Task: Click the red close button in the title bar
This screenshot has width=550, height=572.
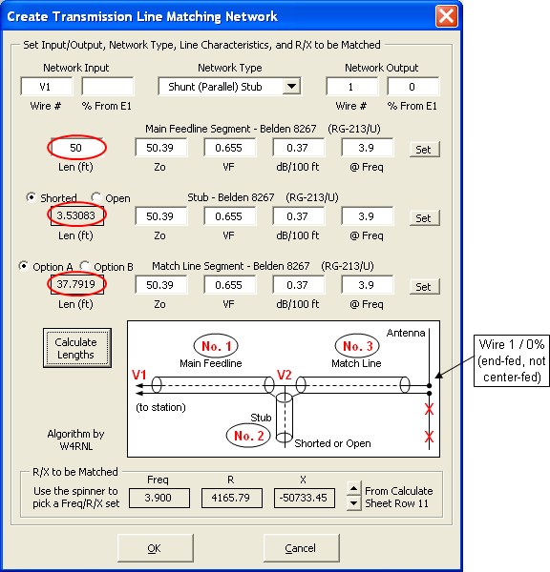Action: click(x=446, y=16)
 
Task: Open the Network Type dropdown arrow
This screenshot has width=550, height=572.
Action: click(x=291, y=87)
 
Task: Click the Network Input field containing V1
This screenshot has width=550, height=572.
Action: click(x=47, y=87)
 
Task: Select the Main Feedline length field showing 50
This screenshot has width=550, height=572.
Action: click(x=76, y=148)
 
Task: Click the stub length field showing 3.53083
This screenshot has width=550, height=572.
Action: click(x=76, y=215)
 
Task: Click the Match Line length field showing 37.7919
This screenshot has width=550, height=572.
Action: click(x=76, y=284)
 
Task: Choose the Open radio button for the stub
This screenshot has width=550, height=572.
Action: click(x=96, y=197)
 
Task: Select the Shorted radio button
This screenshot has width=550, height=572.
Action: click(x=32, y=197)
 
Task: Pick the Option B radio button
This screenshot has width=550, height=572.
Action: click(x=85, y=266)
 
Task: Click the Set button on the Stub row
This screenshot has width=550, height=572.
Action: click(x=424, y=218)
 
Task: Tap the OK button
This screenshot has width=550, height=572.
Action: click(x=155, y=548)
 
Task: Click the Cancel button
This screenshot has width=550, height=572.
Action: click(x=301, y=548)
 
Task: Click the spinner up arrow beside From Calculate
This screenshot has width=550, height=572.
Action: click(x=353, y=488)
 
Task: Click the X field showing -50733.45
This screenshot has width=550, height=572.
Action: click(x=305, y=498)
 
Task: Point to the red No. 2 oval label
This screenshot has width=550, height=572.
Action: click(x=248, y=436)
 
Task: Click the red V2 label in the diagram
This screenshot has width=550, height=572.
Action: click(x=285, y=375)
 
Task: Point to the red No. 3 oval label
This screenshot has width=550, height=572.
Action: click(x=357, y=345)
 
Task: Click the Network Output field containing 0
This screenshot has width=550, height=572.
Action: click(x=412, y=87)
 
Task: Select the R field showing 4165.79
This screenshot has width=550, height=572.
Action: click(x=232, y=498)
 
